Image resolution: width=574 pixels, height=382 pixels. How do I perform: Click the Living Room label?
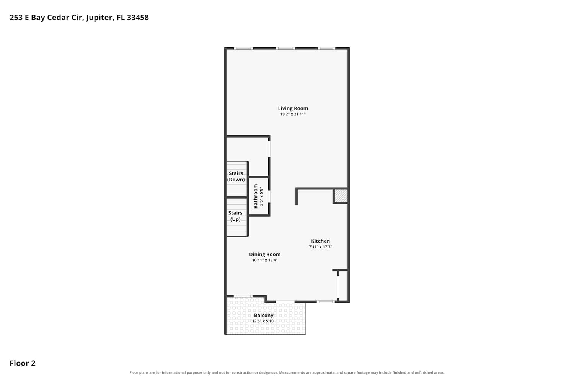tap(293, 108)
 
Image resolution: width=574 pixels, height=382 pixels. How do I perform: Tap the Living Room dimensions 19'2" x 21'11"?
tap(293, 114)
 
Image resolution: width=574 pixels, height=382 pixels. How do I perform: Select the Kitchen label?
tap(320, 241)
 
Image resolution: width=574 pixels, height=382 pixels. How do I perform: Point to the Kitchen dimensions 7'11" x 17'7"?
tap(320, 247)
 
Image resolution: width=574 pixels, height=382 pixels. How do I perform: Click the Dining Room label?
tap(265, 254)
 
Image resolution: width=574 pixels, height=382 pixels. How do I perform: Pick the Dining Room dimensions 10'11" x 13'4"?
tap(265, 260)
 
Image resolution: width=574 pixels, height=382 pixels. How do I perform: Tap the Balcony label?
tap(264, 316)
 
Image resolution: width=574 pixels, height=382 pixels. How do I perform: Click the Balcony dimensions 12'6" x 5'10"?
tap(264, 321)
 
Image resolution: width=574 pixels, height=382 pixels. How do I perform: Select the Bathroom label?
tap(256, 196)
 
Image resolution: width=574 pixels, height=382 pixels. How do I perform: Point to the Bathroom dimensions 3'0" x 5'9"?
tap(261, 196)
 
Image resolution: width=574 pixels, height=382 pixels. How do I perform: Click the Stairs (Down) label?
tap(236, 176)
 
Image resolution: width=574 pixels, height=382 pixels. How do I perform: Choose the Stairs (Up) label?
tap(235, 216)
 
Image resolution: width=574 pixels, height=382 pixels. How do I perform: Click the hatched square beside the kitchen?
tap(341, 196)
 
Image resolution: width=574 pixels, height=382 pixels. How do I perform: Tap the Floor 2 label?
tap(23, 363)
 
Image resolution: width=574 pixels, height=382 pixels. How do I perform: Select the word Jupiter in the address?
tap(99, 18)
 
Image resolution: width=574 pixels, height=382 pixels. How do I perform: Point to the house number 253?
tap(16, 18)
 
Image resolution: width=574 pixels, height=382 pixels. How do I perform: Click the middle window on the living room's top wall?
tap(285, 49)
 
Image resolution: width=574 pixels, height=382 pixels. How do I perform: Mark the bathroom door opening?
tap(269, 196)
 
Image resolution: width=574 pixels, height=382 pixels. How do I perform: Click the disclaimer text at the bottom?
tap(287, 372)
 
